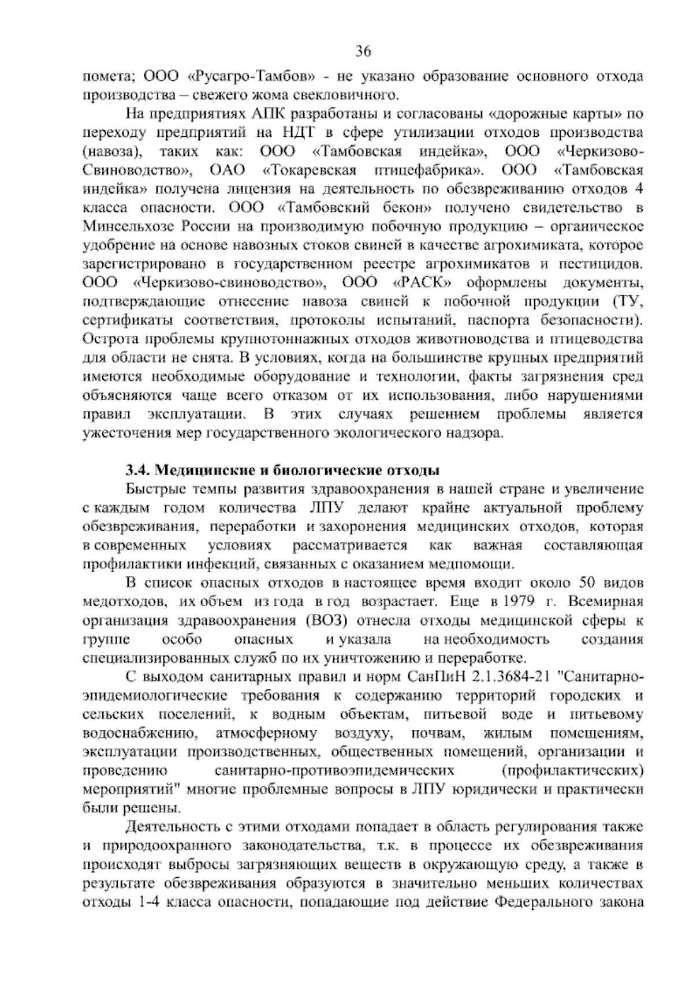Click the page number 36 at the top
363,52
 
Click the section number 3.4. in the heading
139,469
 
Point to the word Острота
105,340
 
